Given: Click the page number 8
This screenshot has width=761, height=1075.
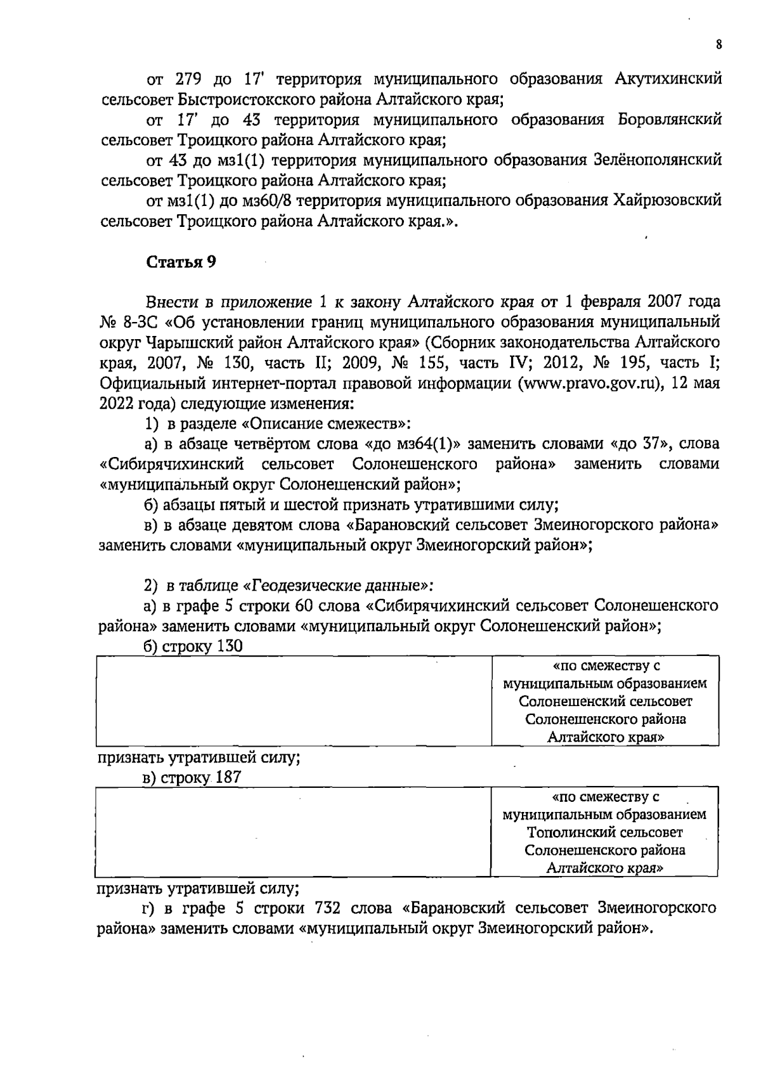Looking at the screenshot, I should pyautogui.click(x=719, y=45).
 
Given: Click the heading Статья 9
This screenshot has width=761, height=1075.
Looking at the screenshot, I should pyautogui.click(x=181, y=262).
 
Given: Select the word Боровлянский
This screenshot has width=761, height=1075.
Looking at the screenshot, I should pyautogui.click(x=670, y=120).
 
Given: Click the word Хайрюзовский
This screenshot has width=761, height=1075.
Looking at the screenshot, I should pyautogui.click(x=667, y=201).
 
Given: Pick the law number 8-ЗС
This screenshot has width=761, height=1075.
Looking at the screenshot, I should pyautogui.click(x=137, y=323).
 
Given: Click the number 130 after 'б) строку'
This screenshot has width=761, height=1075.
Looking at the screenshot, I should pyautogui.click(x=229, y=647).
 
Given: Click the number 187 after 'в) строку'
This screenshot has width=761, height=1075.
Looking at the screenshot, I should pyautogui.click(x=228, y=777).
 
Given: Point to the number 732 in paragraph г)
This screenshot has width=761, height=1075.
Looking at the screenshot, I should pyautogui.click(x=328, y=908).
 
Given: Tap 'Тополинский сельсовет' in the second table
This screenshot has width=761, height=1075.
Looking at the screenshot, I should pyautogui.click(x=605, y=832).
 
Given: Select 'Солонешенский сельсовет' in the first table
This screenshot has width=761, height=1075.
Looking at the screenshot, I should pyautogui.click(x=605, y=702).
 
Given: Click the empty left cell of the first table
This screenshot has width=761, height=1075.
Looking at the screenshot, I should pyautogui.click(x=294, y=700).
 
